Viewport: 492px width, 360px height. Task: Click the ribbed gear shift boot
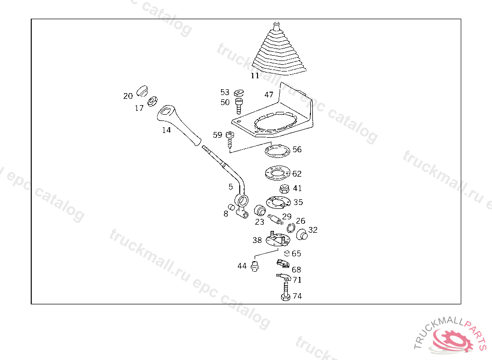278,52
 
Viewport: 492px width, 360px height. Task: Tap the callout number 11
255,75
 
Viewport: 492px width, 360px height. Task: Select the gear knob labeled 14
179,125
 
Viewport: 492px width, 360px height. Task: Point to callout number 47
269,95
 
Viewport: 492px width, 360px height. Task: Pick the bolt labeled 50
239,106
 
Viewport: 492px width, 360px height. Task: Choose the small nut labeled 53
239,93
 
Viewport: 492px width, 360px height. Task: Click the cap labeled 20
142,91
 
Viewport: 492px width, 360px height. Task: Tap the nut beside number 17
152,101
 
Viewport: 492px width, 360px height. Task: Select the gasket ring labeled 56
277,151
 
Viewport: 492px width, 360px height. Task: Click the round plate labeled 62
277,173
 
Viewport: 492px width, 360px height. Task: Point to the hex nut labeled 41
284,189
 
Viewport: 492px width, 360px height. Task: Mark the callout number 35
298,202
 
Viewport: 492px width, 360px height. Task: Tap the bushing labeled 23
260,210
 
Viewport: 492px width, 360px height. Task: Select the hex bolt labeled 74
285,291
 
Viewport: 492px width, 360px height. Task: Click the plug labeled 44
255,266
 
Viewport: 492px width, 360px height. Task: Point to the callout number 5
231,187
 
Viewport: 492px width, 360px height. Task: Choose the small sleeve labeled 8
231,207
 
